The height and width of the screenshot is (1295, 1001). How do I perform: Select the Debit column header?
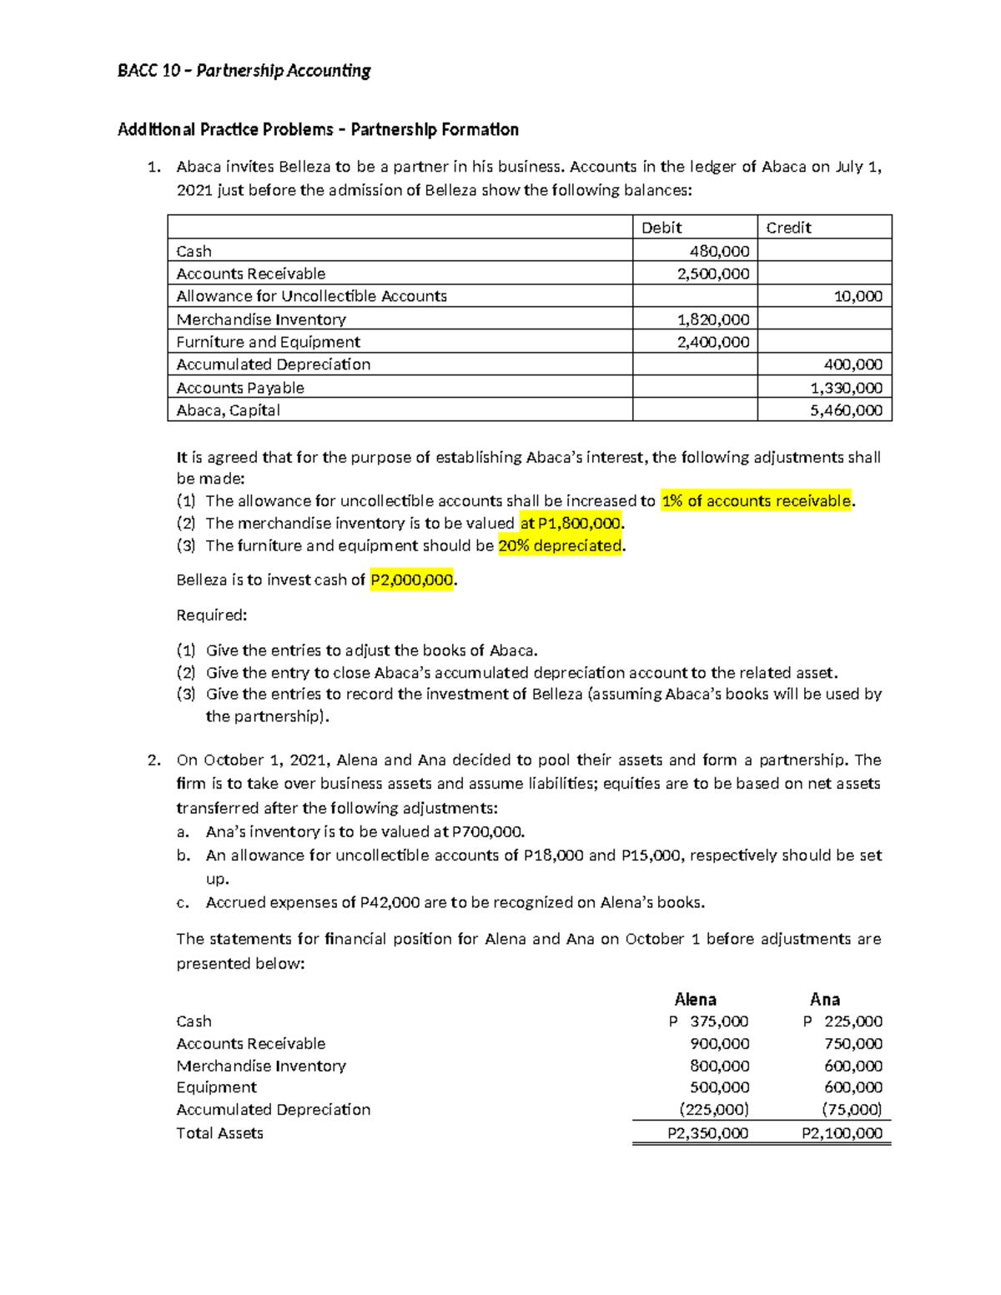(x=661, y=228)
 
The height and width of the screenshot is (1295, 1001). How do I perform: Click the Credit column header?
(x=788, y=228)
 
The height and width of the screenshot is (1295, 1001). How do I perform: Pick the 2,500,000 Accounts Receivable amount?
(x=713, y=274)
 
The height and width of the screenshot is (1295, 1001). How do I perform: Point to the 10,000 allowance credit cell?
(x=858, y=296)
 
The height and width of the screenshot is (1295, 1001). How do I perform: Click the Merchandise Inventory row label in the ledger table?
(x=261, y=319)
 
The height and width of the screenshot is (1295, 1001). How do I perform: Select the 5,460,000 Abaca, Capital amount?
(x=846, y=410)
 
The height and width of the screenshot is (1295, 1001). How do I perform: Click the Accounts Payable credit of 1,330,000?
(x=846, y=388)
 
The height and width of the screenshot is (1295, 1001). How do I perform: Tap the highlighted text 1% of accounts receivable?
(x=756, y=501)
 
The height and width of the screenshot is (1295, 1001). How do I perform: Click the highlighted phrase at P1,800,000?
(x=571, y=524)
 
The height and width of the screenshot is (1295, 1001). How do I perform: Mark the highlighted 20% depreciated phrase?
(x=560, y=546)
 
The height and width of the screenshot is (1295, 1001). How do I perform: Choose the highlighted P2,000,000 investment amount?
(x=411, y=580)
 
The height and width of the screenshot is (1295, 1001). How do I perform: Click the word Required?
(x=212, y=615)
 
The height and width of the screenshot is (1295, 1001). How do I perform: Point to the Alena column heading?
(x=695, y=999)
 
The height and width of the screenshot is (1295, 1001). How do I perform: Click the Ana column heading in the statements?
(x=824, y=999)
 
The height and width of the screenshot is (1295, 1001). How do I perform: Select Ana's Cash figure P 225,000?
(x=843, y=1021)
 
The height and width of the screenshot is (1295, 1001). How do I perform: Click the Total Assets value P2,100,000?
(x=842, y=1133)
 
